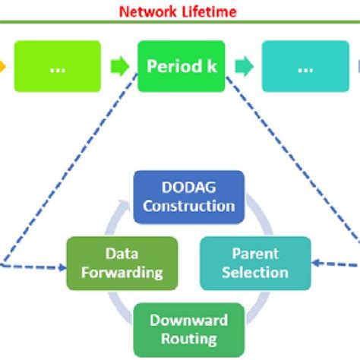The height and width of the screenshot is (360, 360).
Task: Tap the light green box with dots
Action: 57,66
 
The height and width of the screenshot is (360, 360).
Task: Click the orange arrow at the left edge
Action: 4,66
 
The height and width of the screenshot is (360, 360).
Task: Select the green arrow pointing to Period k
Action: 119,66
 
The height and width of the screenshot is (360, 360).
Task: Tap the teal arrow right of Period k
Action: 243,66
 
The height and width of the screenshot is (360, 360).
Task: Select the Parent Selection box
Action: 255,264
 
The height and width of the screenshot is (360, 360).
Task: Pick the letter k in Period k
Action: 211,66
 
